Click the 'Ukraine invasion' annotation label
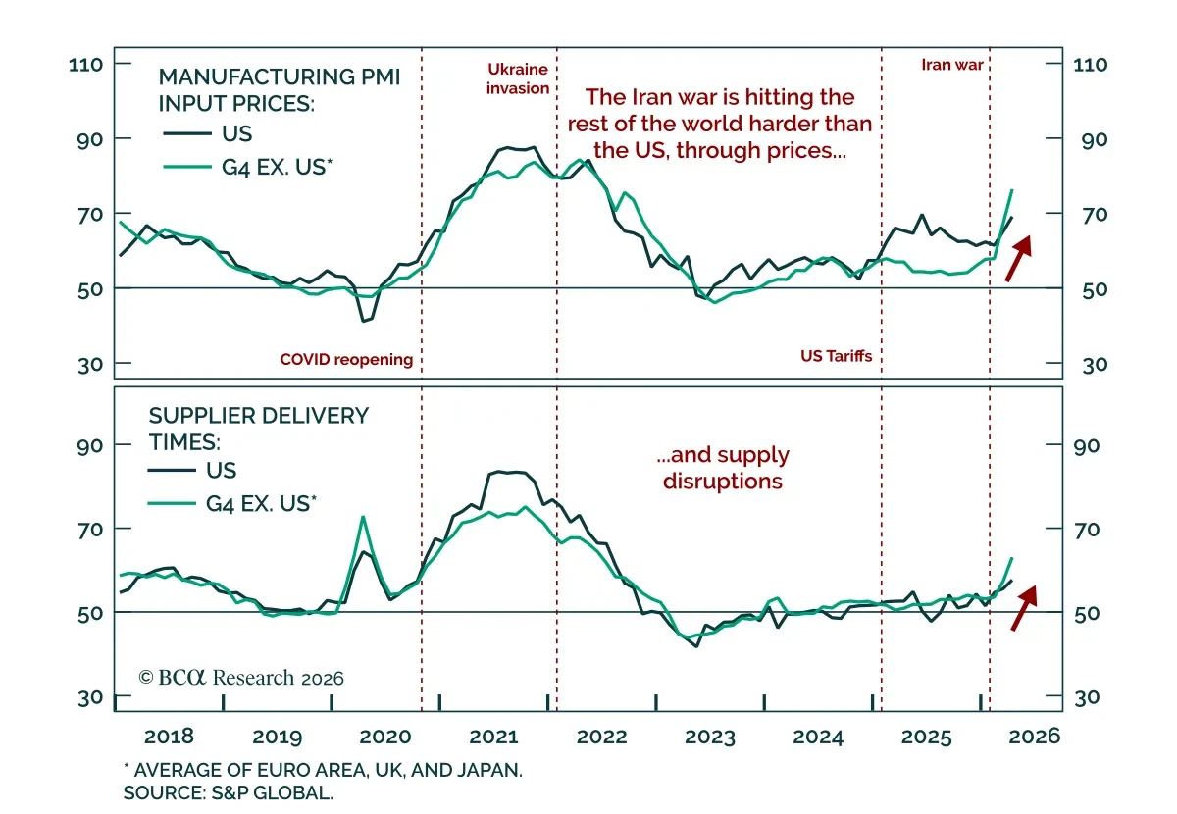coord(518,78)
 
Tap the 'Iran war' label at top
coord(951,65)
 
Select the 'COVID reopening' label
coord(346,359)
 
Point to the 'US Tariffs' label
coord(836,356)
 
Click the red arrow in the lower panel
coord(1023,607)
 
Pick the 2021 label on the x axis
coord(494,737)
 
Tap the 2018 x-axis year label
coord(168,737)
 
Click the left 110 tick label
coord(87,64)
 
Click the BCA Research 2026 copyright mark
coord(241,678)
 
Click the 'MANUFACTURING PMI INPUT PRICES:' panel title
coord(280,89)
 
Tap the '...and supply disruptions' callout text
coord(724,468)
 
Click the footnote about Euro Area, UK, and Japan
coord(323,770)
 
